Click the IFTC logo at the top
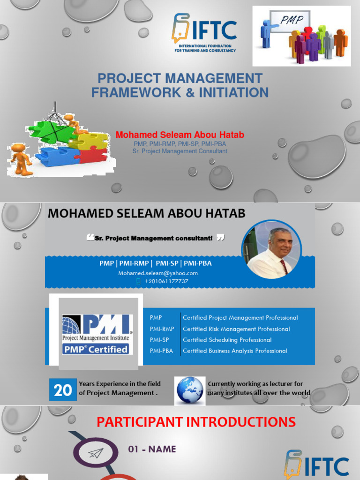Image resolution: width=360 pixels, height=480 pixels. pyautogui.click(x=204, y=33)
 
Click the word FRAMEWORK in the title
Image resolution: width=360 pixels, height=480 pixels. pyautogui.click(x=136, y=92)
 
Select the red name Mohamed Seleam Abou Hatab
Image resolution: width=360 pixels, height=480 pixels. pyautogui.click(x=180, y=135)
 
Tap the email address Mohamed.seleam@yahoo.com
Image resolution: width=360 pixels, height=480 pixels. pyautogui.click(x=158, y=273)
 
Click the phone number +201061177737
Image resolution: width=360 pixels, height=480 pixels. pyautogui.click(x=166, y=281)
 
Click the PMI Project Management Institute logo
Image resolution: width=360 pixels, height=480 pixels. pyautogui.click(x=97, y=334)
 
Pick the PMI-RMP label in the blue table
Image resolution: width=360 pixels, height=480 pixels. pyautogui.click(x=162, y=329)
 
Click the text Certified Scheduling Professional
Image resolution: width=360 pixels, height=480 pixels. pyautogui.click(x=227, y=340)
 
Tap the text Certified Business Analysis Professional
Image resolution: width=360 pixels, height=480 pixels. pyautogui.click(x=235, y=351)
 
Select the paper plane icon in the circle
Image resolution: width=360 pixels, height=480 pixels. pyautogui.click(x=95, y=452)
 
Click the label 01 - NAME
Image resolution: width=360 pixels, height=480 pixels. pyautogui.click(x=152, y=449)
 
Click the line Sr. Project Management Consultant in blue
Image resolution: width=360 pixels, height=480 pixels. pyautogui.click(x=180, y=151)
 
